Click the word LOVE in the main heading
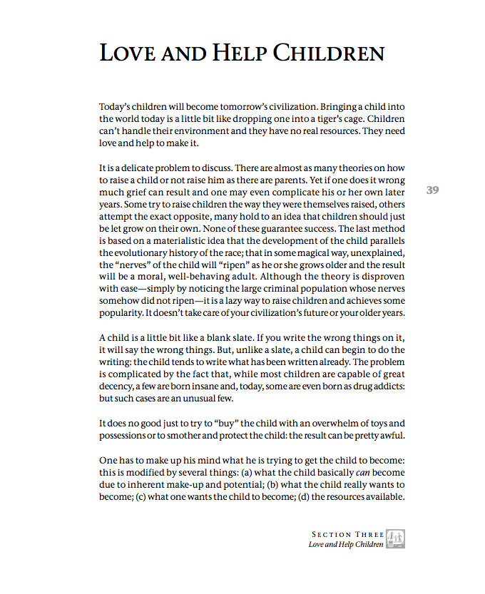click(x=129, y=52)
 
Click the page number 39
click(x=432, y=190)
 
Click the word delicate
click(x=139, y=168)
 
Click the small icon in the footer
click(x=395, y=539)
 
